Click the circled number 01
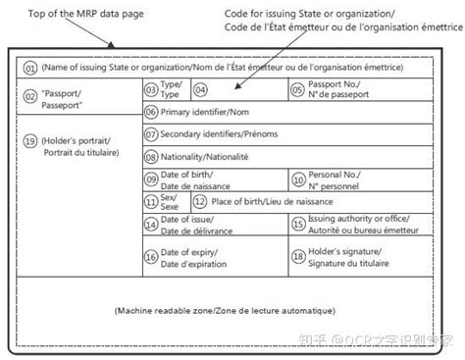tap(30, 67)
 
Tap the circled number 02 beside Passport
tap(30, 95)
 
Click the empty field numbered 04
tap(235, 89)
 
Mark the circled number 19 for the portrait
tap(30, 141)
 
